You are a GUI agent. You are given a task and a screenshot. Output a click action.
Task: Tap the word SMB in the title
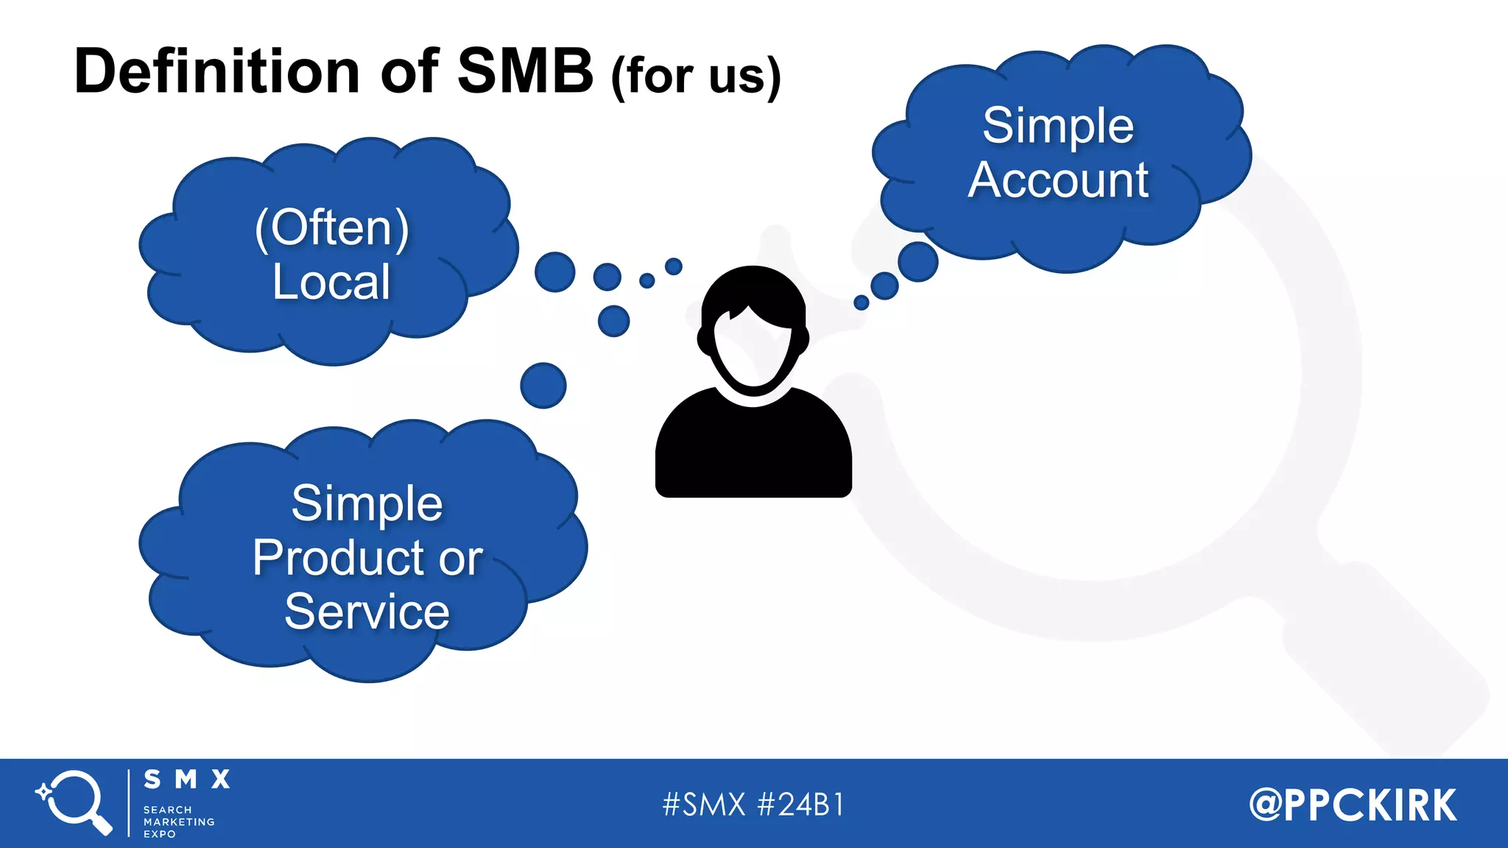[525, 71]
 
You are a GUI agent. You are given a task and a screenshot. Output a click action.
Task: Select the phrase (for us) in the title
[696, 76]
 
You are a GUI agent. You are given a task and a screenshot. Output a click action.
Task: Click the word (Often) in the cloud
[331, 227]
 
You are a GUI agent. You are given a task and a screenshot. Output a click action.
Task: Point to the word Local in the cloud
[331, 282]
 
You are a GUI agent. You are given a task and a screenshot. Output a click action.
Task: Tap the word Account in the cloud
[1058, 180]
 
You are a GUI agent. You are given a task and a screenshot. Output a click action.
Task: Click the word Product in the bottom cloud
[339, 558]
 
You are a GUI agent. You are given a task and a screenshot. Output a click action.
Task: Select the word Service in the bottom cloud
[367, 612]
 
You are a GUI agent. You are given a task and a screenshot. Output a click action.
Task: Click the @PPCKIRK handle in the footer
[1353, 805]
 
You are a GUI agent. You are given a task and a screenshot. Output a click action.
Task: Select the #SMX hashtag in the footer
[704, 805]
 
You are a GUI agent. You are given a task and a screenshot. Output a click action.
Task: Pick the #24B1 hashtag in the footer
[800, 805]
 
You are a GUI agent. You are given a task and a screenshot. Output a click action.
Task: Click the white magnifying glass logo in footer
[75, 802]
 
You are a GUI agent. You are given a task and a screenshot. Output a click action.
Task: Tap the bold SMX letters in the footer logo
[187, 780]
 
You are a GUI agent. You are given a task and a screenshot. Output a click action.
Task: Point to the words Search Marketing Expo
[179, 821]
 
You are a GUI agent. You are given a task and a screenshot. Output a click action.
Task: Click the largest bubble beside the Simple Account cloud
[917, 261]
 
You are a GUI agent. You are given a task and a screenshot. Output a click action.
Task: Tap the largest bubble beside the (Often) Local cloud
[554, 272]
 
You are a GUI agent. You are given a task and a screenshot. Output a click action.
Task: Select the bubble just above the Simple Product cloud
[543, 385]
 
